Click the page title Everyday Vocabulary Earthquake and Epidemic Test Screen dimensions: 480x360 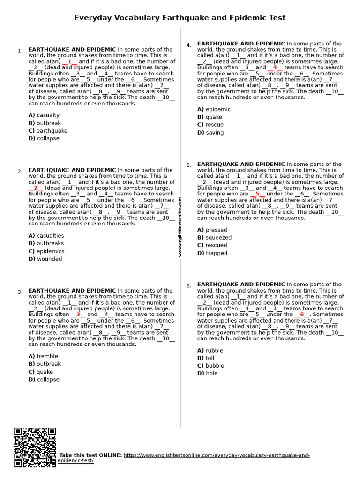pyautogui.click(x=180, y=18)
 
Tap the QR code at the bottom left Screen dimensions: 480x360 pyautogui.click(x=35, y=447)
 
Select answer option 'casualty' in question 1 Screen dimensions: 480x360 pyautogui.click(x=48, y=115)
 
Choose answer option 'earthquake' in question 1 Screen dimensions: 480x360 pyautogui.click(x=52, y=131)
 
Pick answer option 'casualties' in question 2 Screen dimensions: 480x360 pyautogui.click(x=50, y=236)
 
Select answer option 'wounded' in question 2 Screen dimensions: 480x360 pyautogui.click(x=49, y=259)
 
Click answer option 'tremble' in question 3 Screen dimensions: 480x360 pyautogui.click(x=47, y=356)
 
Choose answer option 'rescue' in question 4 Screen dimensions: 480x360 pyautogui.click(x=214, y=125)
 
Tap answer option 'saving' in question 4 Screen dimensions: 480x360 pyautogui.click(x=214, y=133)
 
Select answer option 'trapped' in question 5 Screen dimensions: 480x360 pyautogui.click(x=216, y=253)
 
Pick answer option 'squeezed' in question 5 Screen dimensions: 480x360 pyautogui.click(x=218, y=238)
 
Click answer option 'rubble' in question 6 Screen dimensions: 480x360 pyautogui.click(x=214, y=351)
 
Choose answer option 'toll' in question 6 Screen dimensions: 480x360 pyautogui.click(x=210, y=358)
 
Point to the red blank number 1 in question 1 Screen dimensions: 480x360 pyautogui.click(x=70, y=61)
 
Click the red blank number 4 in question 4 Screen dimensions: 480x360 pyautogui.click(x=275, y=67)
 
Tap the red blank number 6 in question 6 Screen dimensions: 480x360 pyautogui.click(x=302, y=315)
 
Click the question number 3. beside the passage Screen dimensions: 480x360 pyautogui.click(x=20, y=292)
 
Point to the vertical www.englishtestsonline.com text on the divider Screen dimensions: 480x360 pyautogui.click(x=180, y=226)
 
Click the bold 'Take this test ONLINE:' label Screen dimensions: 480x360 pyautogui.click(x=90, y=455)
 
